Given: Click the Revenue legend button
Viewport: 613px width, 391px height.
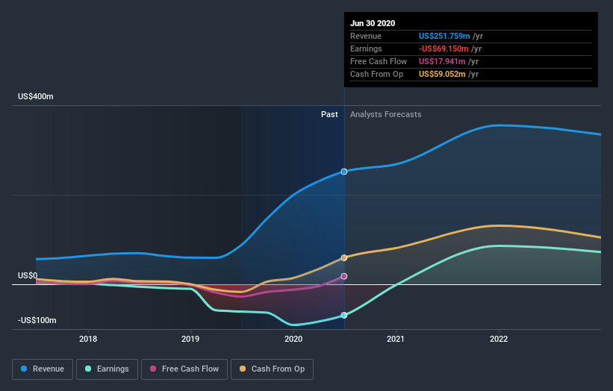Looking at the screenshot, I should point(43,369).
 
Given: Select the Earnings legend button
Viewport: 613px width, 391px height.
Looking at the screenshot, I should point(108,369).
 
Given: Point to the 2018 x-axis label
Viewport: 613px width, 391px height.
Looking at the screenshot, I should point(88,339).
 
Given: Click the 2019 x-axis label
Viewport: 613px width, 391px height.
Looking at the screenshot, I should point(190,339).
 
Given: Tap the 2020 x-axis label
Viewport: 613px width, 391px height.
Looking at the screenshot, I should point(293,339).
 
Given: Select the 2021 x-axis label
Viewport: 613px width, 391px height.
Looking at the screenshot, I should point(396,339).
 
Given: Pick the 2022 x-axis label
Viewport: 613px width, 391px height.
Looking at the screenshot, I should point(499,339).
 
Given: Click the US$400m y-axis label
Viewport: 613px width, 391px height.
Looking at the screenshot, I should point(36,97).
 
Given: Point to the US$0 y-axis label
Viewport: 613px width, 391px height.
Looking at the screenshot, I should point(28,276).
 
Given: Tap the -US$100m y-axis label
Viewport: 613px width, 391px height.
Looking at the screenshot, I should point(37,320).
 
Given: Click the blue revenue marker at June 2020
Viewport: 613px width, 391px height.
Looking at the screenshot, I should point(344,172).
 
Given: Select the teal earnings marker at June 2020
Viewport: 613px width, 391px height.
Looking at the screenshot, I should point(344,316).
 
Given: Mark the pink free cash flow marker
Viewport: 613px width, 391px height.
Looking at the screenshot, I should point(344,276).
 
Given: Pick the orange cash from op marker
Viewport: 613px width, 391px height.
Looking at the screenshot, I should point(344,258).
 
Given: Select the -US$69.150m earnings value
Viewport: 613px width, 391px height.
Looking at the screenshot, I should point(446,49).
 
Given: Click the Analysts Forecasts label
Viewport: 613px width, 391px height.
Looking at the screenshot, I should point(385,115).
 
